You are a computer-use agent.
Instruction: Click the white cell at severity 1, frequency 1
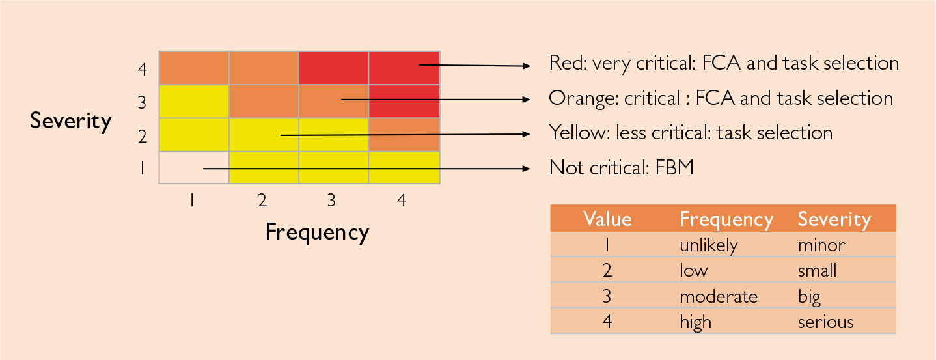point(194,168)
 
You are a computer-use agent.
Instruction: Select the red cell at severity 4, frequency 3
point(333,68)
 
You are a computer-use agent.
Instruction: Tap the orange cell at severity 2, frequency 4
point(404,135)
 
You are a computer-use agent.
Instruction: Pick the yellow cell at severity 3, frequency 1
point(194,102)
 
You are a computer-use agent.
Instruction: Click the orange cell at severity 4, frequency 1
point(194,68)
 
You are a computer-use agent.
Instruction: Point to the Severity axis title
point(70,121)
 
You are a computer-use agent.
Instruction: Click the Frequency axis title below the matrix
point(317,232)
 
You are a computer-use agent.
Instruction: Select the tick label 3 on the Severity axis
point(142,102)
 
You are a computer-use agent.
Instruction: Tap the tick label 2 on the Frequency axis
point(262,201)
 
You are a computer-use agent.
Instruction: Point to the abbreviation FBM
point(674,168)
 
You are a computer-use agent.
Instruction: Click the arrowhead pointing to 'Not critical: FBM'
point(526,169)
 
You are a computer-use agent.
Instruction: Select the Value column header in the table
point(607,219)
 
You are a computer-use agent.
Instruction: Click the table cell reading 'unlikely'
point(709,245)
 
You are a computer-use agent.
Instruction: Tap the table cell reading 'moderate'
point(719,297)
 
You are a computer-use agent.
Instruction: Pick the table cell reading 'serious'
point(826,322)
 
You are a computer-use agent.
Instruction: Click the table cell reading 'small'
point(817,271)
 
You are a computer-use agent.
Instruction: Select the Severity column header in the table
point(834,219)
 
